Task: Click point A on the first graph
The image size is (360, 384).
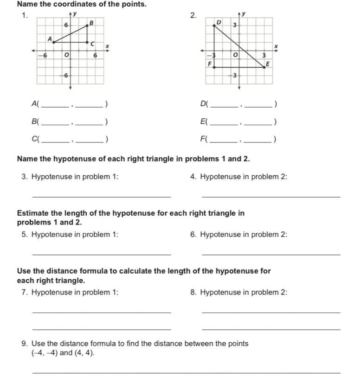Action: click(x=54, y=42)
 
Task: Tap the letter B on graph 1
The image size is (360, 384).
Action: click(x=91, y=22)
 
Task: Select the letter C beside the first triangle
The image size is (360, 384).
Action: click(x=92, y=44)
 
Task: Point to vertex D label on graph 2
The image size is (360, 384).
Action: click(x=219, y=21)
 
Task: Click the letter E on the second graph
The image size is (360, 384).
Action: click(x=267, y=63)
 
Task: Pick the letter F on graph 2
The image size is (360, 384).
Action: click(x=209, y=63)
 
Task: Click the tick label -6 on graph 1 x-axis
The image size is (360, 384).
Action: click(x=45, y=55)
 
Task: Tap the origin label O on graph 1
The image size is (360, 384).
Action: click(x=66, y=55)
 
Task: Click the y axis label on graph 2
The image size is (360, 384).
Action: click(x=244, y=14)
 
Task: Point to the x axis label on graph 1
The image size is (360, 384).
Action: click(x=107, y=46)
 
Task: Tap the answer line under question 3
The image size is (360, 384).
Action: click(x=102, y=197)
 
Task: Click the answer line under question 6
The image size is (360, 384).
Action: click(x=271, y=255)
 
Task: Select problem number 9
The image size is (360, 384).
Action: click(x=24, y=344)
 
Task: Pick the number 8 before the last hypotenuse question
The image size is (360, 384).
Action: click(x=193, y=292)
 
